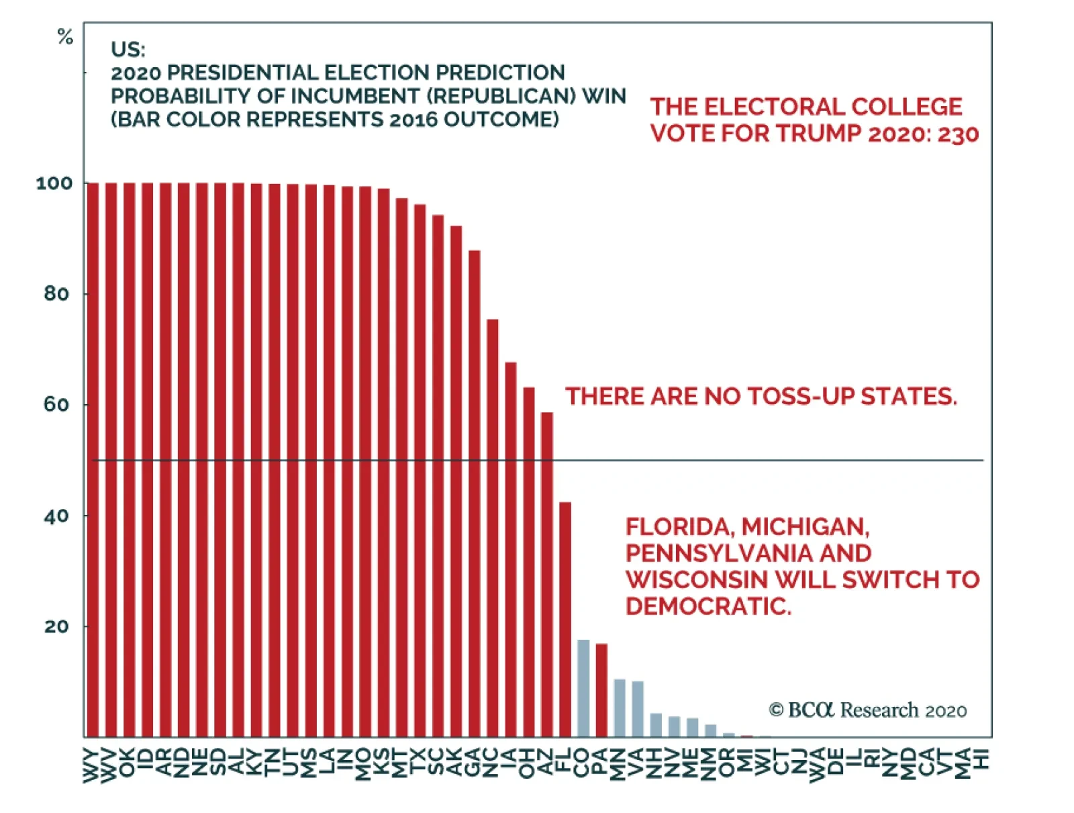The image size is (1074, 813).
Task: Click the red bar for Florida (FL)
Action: click(565, 618)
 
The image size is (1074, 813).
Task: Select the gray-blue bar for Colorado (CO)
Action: click(583, 688)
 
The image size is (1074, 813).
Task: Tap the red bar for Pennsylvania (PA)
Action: click(601, 690)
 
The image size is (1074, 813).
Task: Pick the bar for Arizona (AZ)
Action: click(547, 574)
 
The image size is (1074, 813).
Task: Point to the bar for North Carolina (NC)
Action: click(493, 527)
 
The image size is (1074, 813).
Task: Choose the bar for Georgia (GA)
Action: click(475, 493)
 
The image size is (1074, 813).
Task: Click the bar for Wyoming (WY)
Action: click(93, 460)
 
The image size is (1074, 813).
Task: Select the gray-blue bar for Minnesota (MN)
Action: click(620, 708)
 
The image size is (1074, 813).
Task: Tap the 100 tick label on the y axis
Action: click(54, 183)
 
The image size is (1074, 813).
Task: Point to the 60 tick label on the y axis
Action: click(56, 405)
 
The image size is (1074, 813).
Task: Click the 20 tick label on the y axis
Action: click(56, 626)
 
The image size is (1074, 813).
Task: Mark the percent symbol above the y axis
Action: click(65, 36)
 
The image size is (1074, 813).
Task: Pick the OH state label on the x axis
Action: click(528, 763)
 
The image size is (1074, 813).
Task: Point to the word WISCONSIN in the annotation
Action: click(696, 579)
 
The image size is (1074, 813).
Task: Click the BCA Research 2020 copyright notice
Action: click(868, 710)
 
